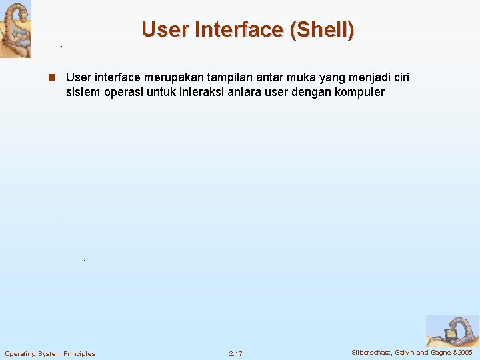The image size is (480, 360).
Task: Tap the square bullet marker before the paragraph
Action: point(51,78)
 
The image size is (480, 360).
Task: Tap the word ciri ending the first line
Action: point(401,78)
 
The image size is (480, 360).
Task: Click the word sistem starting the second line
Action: point(83,92)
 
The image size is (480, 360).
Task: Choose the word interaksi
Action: point(209,92)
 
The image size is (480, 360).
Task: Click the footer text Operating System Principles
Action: point(50,353)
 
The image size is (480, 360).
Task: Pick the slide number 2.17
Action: point(235,353)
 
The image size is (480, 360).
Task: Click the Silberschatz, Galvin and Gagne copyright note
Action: point(412,352)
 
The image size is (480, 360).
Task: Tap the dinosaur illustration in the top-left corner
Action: point(15,29)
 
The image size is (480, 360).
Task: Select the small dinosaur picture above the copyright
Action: point(452,331)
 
